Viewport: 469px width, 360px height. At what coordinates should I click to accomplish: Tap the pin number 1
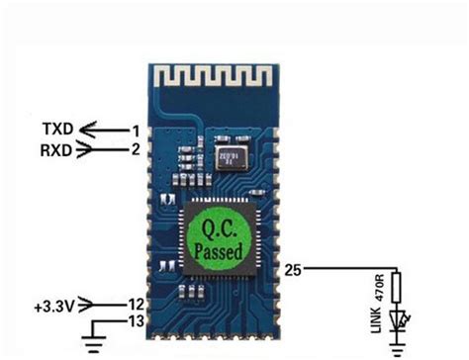(x=136, y=130)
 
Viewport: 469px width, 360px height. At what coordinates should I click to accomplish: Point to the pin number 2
(x=136, y=150)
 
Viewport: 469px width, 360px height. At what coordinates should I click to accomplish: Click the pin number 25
(x=294, y=268)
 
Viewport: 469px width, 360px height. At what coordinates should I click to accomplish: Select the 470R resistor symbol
(x=398, y=288)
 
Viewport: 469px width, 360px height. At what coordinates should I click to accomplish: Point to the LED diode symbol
(x=399, y=318)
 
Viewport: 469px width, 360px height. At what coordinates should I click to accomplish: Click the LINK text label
(x=379, y=321)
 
